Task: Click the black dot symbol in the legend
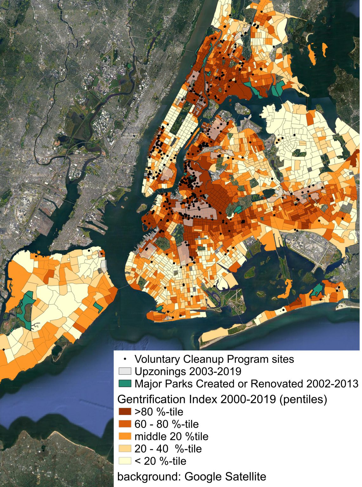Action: (125, 359)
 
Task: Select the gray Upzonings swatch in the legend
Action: (125, 371)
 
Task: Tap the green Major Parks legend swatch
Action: (125, 384)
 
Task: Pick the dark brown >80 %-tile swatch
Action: (125, 412)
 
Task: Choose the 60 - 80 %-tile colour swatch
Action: (125, 424)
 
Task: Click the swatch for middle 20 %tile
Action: (125, 436)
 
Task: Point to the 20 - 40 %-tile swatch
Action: (125, 449)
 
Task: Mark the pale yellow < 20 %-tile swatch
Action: (125, 461)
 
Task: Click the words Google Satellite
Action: (225, 476)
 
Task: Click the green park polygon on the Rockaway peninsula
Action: (317, 290)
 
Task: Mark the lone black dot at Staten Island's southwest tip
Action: (3, 349)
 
